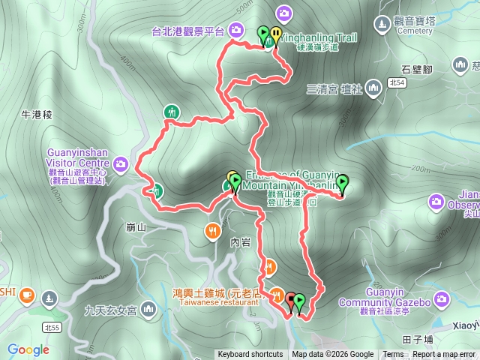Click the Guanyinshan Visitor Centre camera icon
pyautogui.click(x=121, y=163)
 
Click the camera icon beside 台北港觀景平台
pyautogui.click(x=236, y=30)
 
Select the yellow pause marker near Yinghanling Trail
pyautogui.click(x=276, y=34)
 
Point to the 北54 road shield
pyautogui.click(x=397, y=82)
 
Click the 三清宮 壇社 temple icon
pyautogui.click(x=370, y=89)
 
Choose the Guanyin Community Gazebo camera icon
pyautogui.click(x=440, y=301)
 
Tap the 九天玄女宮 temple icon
pyautogui.click(x=148, y=307)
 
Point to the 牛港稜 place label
pyautogui.click(x=36, y=115)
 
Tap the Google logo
pyautogui.click(x=28, y=349)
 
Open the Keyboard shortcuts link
pyautogui.click(x=250, y=355)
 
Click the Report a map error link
pyautogui.click(x=444, y=355)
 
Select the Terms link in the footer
pyautogui.click(x=393, y=355)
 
